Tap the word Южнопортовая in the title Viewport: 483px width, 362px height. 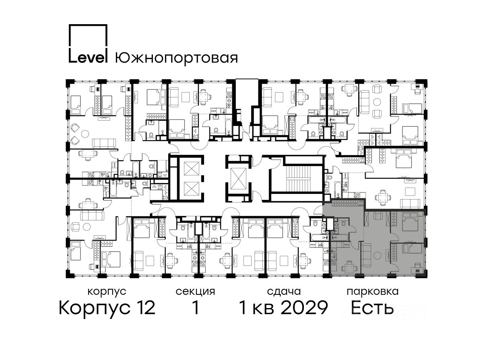point(176,58)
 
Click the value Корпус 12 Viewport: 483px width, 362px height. point(107,308)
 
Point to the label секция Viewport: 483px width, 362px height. point(195,292)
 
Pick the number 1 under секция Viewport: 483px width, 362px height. point(196,308)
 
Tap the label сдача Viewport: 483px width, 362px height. point(284,292)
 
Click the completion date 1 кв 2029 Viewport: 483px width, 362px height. point(283,308)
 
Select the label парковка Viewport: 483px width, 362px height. point(373,292)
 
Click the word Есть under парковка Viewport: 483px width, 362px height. point(372,308)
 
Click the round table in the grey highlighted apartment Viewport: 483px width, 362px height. point(378,255)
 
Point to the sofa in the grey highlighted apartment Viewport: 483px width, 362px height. point(367,255)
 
